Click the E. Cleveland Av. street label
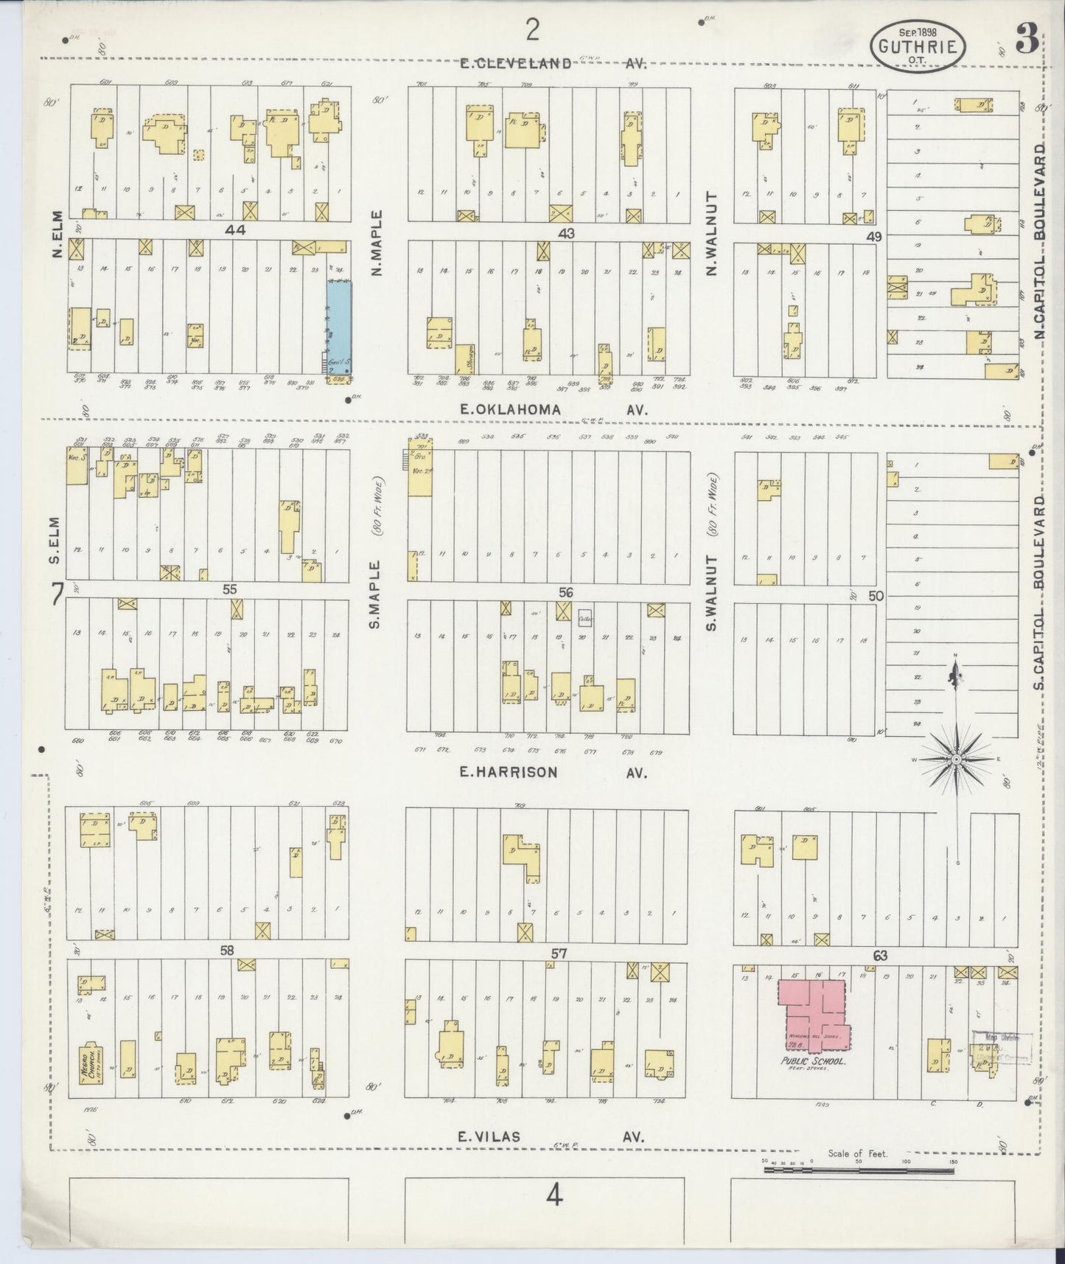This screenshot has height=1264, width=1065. pyautogui.click(x=551, y=63)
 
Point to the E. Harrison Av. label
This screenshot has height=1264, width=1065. pyautogui.click(x=551, y=773)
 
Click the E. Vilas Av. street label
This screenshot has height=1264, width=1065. pyautogui.click(x=551, y=1136)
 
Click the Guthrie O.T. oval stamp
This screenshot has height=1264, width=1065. pyautogui.click(x=918, y=47)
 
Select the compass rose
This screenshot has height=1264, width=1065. pyautogui.click(x=956, y=759)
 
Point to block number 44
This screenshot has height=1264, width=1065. pyautogui.click(x=235, y=231)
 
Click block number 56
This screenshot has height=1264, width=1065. pyautogui.click(x=565, y=591)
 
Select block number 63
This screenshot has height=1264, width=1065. pyautogui.click(x=879, y=956)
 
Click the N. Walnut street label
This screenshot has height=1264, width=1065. pyautogui.click(x=711, y=235)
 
